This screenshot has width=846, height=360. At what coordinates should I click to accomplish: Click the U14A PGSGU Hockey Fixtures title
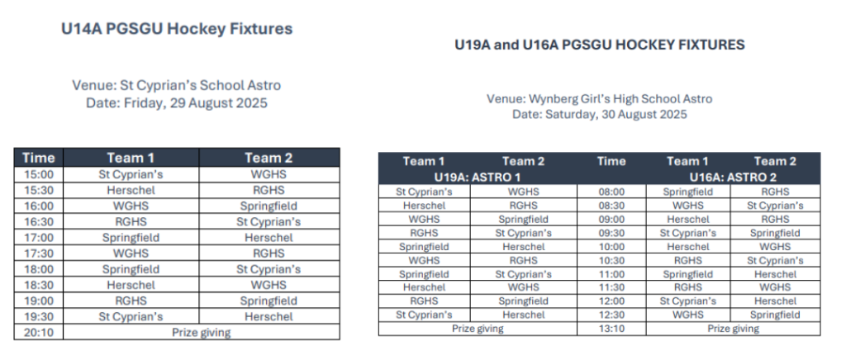coord(177,29)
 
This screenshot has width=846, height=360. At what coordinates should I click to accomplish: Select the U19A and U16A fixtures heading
coord(600,45)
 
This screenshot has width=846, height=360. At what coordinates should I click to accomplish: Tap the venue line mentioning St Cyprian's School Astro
coord(177,86)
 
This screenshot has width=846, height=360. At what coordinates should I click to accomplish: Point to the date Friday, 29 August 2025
coord(177,103)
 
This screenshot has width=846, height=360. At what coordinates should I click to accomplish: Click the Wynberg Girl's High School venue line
coord(600,99)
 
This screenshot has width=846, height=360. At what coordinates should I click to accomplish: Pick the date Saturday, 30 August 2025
coord(600,114)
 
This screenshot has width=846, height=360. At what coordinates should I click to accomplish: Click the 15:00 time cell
coord(39,174)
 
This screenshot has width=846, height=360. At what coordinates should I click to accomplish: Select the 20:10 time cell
coord(39,333)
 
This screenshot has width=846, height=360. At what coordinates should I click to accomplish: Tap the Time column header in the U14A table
coord(39,158)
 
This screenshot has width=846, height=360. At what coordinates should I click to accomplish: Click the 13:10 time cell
coord(611,329)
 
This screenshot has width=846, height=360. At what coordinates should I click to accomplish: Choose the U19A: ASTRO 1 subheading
coord(478,177)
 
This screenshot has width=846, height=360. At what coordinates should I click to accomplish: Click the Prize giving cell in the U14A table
coord(202,333)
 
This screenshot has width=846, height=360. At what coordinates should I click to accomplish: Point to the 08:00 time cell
coord(611,192)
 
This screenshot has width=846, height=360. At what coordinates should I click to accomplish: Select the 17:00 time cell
coord(39,238)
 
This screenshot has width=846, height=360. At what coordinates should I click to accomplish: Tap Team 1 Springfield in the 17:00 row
coord(131,238)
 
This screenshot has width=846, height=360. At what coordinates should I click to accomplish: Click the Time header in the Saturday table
coord(611,161)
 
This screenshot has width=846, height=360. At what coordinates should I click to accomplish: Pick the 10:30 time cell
coord(611,260)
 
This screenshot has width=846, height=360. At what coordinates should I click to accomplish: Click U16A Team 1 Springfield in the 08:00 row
coord(688,192)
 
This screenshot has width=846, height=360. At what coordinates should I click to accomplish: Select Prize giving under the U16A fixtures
coord(734,329)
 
